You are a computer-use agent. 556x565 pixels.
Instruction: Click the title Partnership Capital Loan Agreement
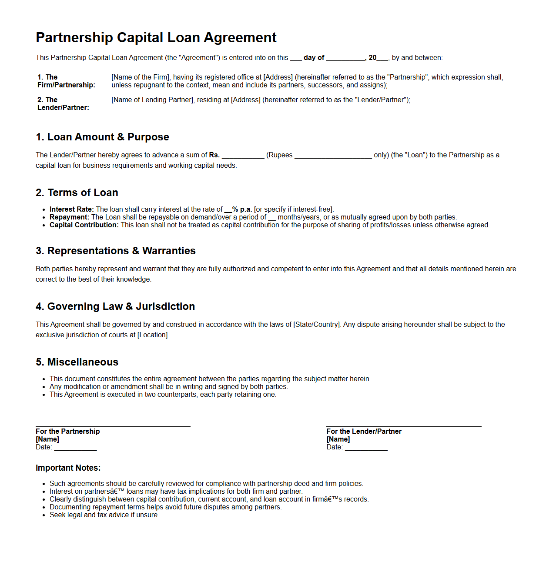[156, 38]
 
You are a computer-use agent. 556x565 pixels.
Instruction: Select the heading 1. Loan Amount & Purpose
[102, 137]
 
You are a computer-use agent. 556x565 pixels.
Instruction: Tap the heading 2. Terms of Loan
[77, 193]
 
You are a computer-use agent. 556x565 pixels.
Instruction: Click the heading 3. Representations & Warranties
[116, 251]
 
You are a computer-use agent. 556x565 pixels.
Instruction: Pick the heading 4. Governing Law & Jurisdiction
[115, 306]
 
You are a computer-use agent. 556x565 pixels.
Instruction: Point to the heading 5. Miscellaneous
[77, 362]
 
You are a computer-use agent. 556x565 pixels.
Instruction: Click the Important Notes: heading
[68, 468]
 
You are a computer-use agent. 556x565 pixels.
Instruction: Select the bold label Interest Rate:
[72, 209]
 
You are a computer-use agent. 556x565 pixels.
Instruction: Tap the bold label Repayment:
[70, 217]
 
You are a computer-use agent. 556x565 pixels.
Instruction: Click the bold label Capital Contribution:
[84, 225]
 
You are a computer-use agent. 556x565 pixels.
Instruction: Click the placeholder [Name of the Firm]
[141, 77]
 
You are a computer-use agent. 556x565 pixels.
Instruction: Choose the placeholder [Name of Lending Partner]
[152, 100]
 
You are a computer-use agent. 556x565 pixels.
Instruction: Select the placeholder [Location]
[153, 335]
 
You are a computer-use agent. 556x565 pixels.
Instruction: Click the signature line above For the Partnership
[113, 426]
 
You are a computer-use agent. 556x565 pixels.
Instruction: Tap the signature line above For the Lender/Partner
[404, 426]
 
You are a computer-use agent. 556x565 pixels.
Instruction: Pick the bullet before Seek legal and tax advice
[44, 515]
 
